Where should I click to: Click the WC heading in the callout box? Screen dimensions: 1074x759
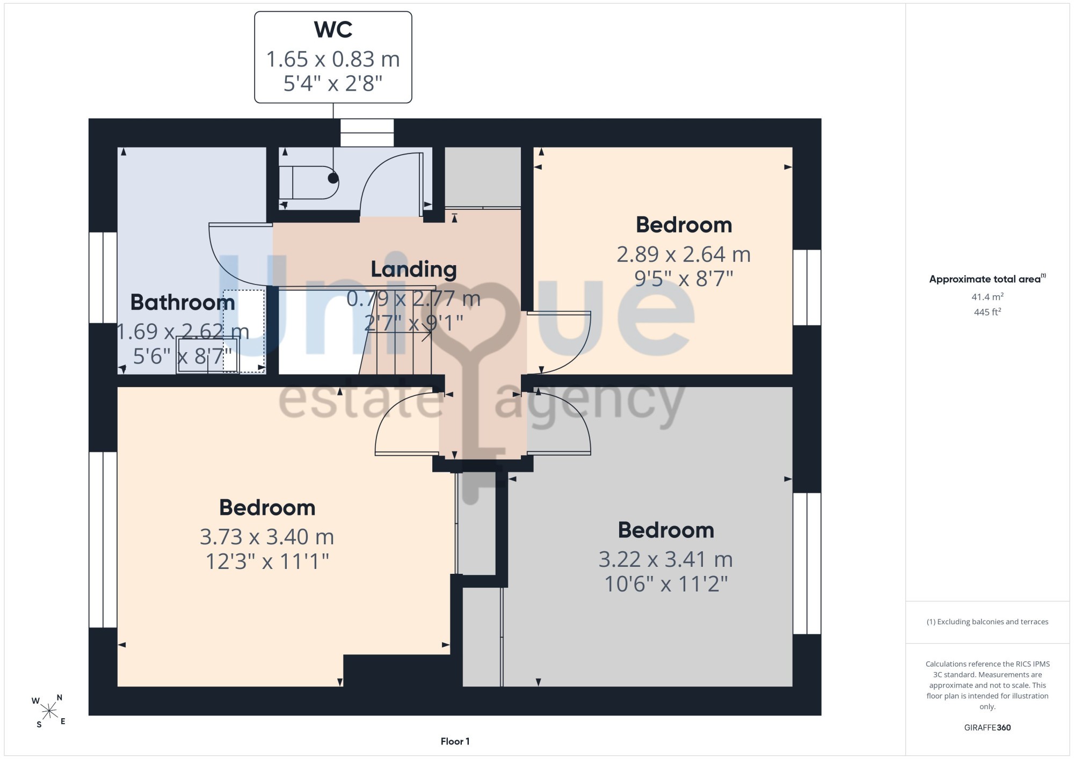point(333,30)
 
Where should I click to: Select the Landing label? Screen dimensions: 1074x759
point(413,269)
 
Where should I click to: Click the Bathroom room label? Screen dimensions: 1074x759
point(183,303)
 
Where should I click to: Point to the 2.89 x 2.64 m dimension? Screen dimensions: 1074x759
point(684,254)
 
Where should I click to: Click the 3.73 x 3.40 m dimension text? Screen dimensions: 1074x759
point(267,537)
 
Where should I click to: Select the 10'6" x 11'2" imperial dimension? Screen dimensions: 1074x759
point(666,584)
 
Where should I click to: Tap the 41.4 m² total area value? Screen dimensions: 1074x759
point(987,297)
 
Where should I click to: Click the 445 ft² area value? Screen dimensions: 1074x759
point(987,312)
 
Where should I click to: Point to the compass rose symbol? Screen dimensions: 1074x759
point(49,711)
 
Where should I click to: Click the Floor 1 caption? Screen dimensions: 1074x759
point(455,741)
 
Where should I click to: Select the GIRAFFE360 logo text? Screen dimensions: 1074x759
point(987,728)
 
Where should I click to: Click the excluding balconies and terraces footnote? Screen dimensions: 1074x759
point(987,622)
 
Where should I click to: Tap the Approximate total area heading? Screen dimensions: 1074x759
point(987,279)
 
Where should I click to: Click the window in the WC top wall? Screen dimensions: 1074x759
point(367,133)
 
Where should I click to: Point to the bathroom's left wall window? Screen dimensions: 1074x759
point(103,278)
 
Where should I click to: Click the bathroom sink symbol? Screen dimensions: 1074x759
point(207,355)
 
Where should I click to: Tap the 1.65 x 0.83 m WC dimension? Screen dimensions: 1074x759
point(333,59)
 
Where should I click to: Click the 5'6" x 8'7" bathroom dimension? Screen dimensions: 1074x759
point(183,356)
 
